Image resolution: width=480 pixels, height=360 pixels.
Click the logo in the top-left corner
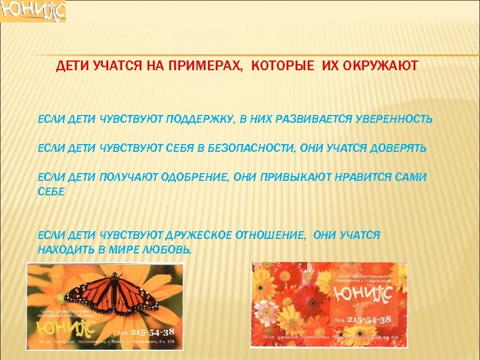(33, 11)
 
